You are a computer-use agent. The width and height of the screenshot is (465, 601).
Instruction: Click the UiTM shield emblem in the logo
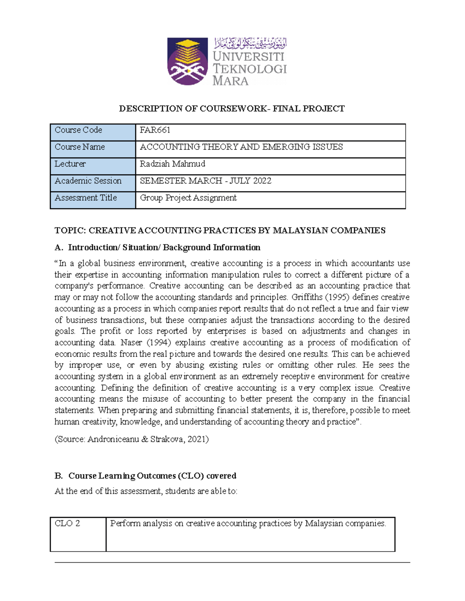pyautogui.click(x=188, y=61)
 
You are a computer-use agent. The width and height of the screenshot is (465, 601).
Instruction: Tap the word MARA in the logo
pyautogui.click(x=231, y=81)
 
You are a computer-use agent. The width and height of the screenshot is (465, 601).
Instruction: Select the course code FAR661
pyautogui.click(x=155, y=130)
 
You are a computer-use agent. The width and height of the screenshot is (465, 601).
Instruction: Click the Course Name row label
pyautogui.click(x=80, y=147)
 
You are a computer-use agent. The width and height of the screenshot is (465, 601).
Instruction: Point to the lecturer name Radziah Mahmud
pyautogui.click(x=172, y=164)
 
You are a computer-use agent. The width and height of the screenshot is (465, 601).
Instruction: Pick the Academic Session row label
pyautogui.click(x=88, y=181)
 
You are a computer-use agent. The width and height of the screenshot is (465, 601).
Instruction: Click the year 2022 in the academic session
pyautogui.click(x=261, y=181)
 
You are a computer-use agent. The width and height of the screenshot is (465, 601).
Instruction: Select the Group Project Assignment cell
pyautogui.click(x=188, y=198)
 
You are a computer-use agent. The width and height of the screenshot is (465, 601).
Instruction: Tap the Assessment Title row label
pyautogui.click(x=86, y=198)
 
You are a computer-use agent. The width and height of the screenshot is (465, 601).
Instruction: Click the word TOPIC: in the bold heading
pyautogui.click(x=70, y=231)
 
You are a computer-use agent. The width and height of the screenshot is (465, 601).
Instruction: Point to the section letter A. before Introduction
pyautogui.click(x=58, y=248)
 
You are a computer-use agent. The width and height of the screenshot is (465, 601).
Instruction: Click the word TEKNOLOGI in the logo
pyautogui.click(x=250, y=69)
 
